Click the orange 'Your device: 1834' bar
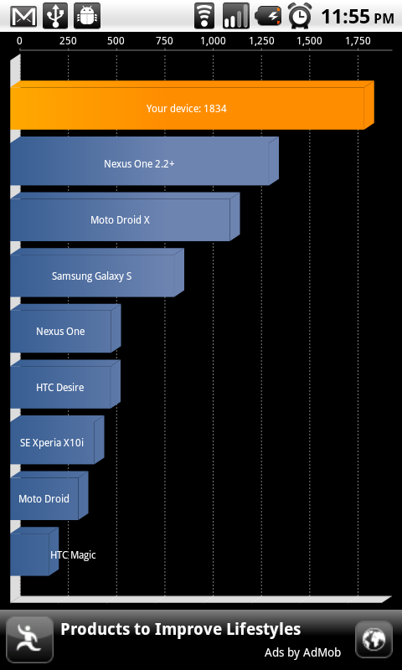pos(192,106)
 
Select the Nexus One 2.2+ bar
pos(144,161)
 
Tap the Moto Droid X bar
pos(125,217)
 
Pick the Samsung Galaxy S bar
pos(97,273)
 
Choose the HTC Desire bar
pos(65,384)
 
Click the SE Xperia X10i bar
pos(57,440)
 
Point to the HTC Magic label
pos(73,555)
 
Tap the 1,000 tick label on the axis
pos(214,41)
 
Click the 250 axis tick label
pos(68,41)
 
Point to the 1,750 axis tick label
pos(358,41)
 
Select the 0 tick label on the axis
pos(19,41)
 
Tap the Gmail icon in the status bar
pos(24,16)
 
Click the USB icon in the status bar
pos(55,16)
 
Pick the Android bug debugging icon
pos(87,16)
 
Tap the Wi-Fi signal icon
pos(204,16)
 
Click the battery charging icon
pos(268,16)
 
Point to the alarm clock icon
pos(300,16)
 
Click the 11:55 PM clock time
pos(358,17)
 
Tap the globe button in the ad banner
pos(374,639)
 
